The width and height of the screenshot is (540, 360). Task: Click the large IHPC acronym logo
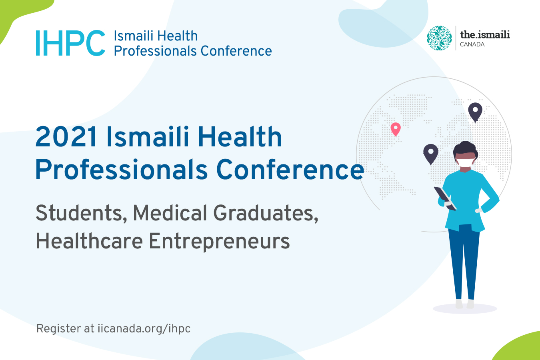point(70,43)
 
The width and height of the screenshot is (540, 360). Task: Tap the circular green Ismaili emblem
point(439,38)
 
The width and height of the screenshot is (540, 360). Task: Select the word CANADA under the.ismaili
point(472,44)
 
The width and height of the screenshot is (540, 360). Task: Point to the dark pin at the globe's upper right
point(475,112)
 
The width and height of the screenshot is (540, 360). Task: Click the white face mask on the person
point(465,163)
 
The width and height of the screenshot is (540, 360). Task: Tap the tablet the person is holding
point(445,198)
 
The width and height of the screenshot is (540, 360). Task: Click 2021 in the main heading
point(66,137)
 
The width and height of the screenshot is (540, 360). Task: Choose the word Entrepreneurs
point(219,242)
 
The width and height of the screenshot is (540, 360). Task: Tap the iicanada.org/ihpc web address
point(144,329)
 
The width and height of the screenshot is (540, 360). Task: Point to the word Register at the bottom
point(58,329)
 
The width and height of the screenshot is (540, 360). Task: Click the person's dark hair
point(465,149)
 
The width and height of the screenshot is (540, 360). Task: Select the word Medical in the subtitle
point(170,213)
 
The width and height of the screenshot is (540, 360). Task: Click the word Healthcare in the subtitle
point(89,241)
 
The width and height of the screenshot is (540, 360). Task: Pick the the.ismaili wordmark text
point(485,34)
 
